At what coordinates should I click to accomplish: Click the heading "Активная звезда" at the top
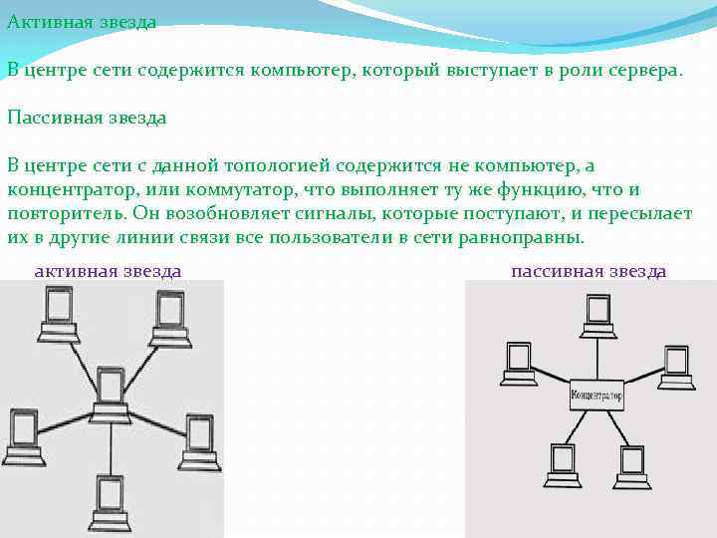(82, 21)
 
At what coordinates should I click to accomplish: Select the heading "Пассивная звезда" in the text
(88, 117)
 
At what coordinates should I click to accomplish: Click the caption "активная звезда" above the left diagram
(108, 270)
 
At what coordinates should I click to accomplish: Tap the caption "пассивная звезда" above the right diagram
(588, 271)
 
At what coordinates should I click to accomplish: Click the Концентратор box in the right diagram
(597, 396)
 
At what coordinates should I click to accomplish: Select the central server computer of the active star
(110, 394)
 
